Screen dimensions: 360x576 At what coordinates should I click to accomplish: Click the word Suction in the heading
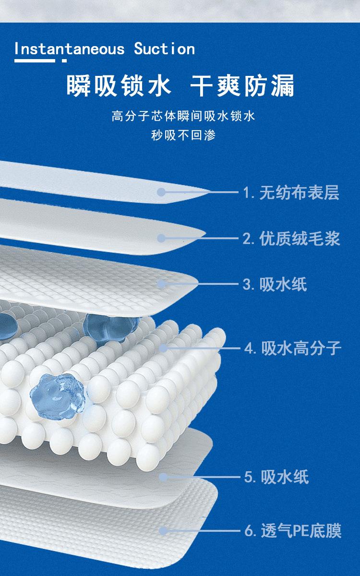coord(164,49)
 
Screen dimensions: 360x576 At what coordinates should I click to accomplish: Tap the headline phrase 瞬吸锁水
coord(118,86)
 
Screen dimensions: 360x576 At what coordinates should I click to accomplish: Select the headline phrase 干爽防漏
coord(242,86)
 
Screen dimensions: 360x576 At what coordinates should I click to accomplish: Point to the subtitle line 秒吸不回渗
coord(183,135)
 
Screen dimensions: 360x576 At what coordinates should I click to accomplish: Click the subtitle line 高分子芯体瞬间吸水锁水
coord(183,116)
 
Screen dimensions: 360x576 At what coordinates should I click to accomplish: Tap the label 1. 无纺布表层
coord(291,193)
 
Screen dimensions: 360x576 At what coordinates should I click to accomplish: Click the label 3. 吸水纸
coord(275,284)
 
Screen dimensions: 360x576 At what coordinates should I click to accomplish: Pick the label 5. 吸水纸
coord(276,477)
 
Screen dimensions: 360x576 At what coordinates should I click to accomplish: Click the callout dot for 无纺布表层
coord(161,192)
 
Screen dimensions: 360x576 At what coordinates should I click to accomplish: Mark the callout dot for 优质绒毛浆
coord(161,238)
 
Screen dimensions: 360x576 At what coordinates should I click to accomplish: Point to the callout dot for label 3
coord(161,284)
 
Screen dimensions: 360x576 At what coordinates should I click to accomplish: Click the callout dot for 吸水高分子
coord(163,347)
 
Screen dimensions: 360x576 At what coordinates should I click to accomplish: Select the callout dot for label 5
coord(163,477)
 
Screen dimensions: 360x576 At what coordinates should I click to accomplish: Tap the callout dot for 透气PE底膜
coord(163,531)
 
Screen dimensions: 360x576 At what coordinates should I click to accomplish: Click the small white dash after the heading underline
coord(64,61)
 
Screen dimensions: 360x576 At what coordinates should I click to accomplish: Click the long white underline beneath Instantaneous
coord(35,61)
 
